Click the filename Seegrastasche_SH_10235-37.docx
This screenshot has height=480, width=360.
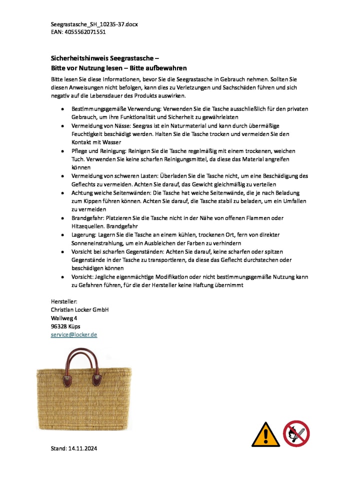(x=94, y=24)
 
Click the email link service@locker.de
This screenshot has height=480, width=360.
(x=74, y=334)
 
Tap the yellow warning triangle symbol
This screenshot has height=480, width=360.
(x=265, y=434)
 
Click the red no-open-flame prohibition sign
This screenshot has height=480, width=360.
(x=296, y=433)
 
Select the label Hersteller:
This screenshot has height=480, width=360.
(x=64, y=301)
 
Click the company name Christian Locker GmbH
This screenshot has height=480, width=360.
(x=80, y=309)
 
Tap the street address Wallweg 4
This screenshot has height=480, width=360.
(x=64, y=318)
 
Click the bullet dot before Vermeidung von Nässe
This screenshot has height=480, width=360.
(x=62, y=126)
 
